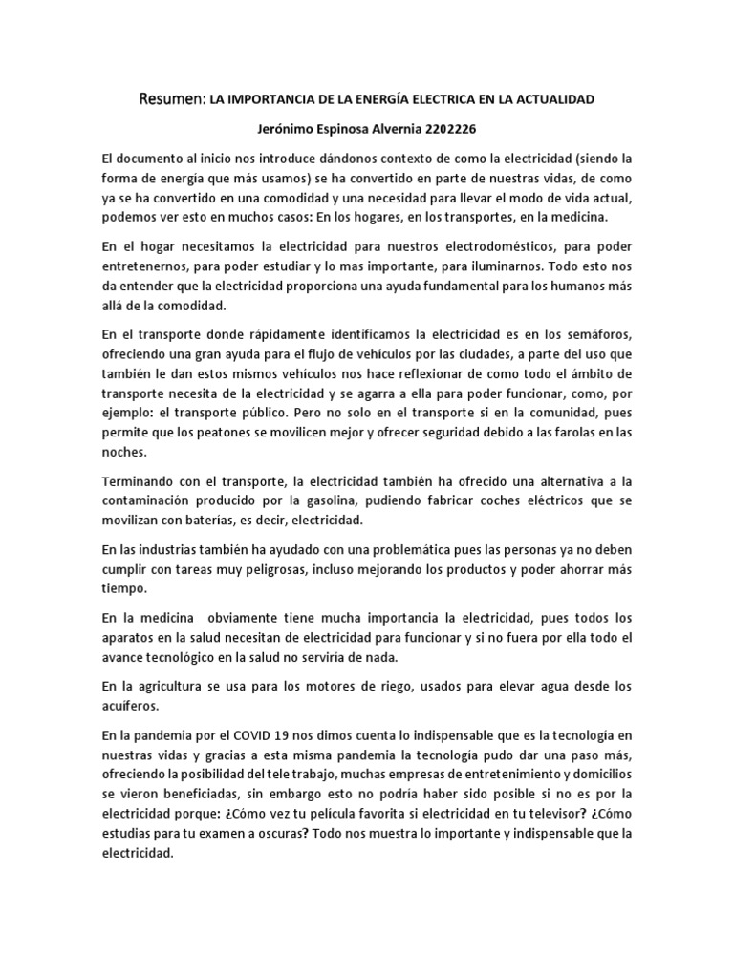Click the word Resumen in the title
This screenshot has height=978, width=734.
click(x=171, y=98)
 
